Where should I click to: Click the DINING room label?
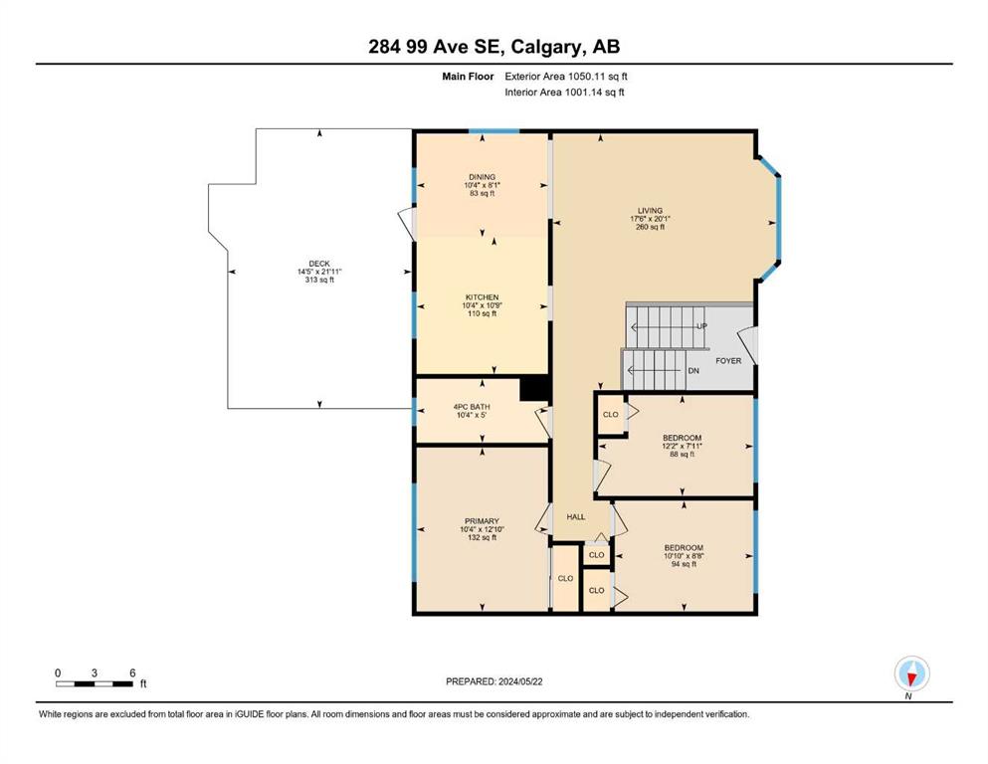click(x=482, y=177)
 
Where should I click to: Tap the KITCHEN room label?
click(x=482, y=297)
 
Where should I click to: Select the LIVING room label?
click(x=650, y=211)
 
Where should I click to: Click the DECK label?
click(x=319, y=264)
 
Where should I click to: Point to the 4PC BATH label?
click(x=472, y=407)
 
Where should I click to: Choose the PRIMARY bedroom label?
click(x=482, y=521)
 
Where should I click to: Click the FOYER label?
click(x=728, y=361)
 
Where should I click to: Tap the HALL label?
click(x=576, y=517)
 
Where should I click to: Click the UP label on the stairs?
click(x=701, y=326)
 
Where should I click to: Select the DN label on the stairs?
click(x=693, y=371)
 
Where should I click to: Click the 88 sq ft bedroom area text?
click(x=682, y=454)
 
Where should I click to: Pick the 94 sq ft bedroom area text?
click(x=684, y=564)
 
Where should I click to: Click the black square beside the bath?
click(x=535, y=388)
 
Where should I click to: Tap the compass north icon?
click(x=911, y=674)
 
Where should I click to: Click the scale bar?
click(x=95, y=684)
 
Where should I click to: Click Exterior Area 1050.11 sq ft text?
click(x=566, y=77)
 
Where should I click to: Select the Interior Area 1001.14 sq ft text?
click(x=564, y=93)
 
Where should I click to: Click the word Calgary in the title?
click(x=544, y=47)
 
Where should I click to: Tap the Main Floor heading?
click(x=468, y=77)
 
